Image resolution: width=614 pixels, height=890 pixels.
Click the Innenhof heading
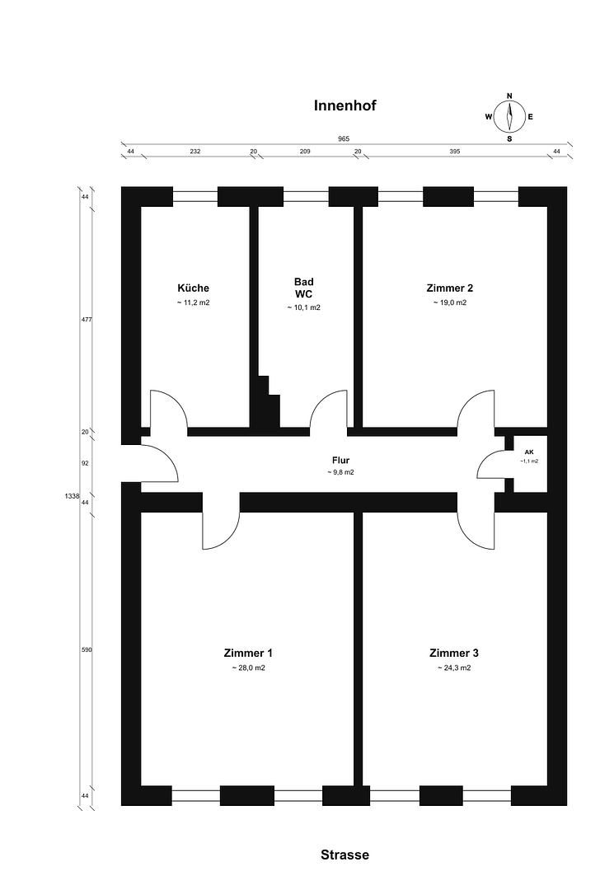pyautogui.click(x=345, y=105)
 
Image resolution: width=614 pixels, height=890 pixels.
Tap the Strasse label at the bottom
pyautogui.click(x=345, y=855)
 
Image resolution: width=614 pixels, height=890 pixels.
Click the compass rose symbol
pyautogui.click(x=509, y=117)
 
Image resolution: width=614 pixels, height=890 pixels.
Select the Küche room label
pyautogui.click(x=194, y=288)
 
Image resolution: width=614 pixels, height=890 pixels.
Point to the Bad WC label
pyautogui.click(x=303, y=288)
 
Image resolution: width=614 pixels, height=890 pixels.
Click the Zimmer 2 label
pyautogui.click(x=450, y=288)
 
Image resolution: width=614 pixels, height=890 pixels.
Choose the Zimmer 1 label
pyautogui.click(x=249, y=653)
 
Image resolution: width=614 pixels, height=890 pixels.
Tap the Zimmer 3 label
pyautogui.click(x=454, y=653)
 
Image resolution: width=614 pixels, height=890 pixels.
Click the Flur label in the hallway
pyautogui.click(x=340, y=461)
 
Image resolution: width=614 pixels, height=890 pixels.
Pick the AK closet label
pyautogui.click(x=529, y=452)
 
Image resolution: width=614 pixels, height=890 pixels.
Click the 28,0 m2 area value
pyautogui.click(x=249, y=668)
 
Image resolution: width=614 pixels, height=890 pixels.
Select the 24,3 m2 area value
pyautogui.click(x=454, y=668)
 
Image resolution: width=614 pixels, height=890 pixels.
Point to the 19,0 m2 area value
pyautogui.click(x=450, y=302)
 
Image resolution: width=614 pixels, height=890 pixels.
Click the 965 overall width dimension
pyautogui.click(x=344, y=138)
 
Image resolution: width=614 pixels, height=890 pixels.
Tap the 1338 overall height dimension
pyautogui.click(x=72, y=495)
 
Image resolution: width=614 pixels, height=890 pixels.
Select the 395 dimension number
pyautogui.click(x=455, y=152)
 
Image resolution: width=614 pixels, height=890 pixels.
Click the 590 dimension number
pyautogui.click(x=87, y=649)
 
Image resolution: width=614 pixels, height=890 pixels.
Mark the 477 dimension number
pyautogui.click(x=87, y=320)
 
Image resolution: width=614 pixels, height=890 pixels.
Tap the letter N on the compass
pyautogui.click(x=509, y=96)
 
